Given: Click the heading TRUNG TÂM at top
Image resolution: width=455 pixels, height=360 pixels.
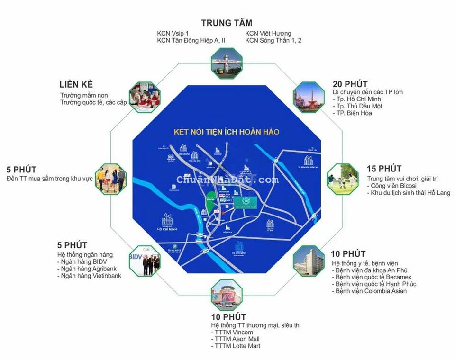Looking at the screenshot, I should [227, 23].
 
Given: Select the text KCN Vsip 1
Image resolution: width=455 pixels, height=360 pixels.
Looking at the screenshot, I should [173, 34].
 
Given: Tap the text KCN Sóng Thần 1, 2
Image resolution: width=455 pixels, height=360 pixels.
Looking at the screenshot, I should [273, 41].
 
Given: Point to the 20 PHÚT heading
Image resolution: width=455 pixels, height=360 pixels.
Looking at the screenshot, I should [350, 84].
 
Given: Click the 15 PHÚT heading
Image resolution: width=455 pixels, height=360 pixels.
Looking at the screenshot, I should [384, 169].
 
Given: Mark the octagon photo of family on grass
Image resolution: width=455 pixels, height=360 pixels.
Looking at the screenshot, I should [342, 179].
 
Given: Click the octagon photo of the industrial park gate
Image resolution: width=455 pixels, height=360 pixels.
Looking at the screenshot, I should [227, 63].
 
